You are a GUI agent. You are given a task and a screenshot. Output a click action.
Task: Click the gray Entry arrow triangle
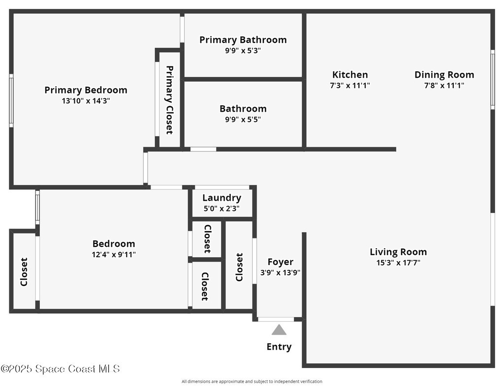(279, 330)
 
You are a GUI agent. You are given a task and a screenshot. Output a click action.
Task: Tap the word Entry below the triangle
(279, 347)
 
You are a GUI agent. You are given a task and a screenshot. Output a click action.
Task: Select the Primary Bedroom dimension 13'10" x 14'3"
(86, 101)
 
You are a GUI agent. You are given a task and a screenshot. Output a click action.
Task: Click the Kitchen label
(350, 75)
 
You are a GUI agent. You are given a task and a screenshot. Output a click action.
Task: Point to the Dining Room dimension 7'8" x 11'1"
(444, 86)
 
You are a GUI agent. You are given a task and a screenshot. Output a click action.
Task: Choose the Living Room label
(398, 252)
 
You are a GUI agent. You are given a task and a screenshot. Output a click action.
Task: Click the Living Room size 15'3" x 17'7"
(398, 263)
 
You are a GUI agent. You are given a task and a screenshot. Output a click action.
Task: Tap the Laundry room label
(222, 198)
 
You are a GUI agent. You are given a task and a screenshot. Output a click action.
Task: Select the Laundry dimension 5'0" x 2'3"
(221, 208)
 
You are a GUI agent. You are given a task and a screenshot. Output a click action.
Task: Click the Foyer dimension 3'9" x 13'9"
(280, 272)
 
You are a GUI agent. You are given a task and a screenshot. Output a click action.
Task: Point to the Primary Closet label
(169, 100)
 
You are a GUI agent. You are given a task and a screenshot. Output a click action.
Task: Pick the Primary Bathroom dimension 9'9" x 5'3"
(243, 51)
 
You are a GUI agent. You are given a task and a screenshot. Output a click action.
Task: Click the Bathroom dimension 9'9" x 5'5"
(243, 119)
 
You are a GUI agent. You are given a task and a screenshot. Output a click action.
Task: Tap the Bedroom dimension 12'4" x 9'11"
(114, 255)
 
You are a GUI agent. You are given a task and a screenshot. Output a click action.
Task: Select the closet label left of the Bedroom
(24, 272)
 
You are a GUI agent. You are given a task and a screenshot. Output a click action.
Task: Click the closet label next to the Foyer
(239, 267)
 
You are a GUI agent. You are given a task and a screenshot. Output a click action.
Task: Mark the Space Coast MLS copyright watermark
(60, 369)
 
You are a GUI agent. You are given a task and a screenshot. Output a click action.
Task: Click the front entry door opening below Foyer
(276, 319)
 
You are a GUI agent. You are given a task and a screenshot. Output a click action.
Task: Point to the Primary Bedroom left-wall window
(11, 100)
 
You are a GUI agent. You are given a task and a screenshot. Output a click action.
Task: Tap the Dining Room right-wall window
(492, 80)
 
